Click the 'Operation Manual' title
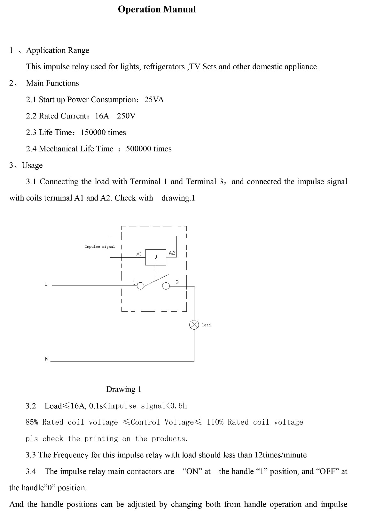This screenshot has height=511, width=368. coord(157,10)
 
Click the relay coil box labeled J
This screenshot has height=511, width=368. coord(156,257)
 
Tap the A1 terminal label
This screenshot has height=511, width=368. coord(139,254)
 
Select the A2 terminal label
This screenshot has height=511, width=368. coord(172,253)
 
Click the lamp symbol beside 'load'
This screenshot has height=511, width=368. coord(194,325)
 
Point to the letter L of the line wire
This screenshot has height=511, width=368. coord(46,284)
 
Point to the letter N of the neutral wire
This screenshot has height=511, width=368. coord(47,359)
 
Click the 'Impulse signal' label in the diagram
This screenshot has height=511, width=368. coord(100,247)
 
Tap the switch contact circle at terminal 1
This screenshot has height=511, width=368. coord(140,286)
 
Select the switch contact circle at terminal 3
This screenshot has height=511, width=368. coord(166,286)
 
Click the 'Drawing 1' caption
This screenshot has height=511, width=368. coord(124,389)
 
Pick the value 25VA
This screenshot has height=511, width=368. coord(154,100)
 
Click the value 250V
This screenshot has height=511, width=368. coord(126,116)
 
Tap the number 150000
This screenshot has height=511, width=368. coord(93,132)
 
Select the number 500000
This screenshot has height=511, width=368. coord(139,149)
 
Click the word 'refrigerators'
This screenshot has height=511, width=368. coord(164,67)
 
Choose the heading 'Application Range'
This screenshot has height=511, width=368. coord(58,50)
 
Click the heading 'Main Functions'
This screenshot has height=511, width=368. coord(52,83)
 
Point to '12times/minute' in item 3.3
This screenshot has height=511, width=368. coord(280,455)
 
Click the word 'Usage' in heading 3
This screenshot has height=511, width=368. coord(32,165)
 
